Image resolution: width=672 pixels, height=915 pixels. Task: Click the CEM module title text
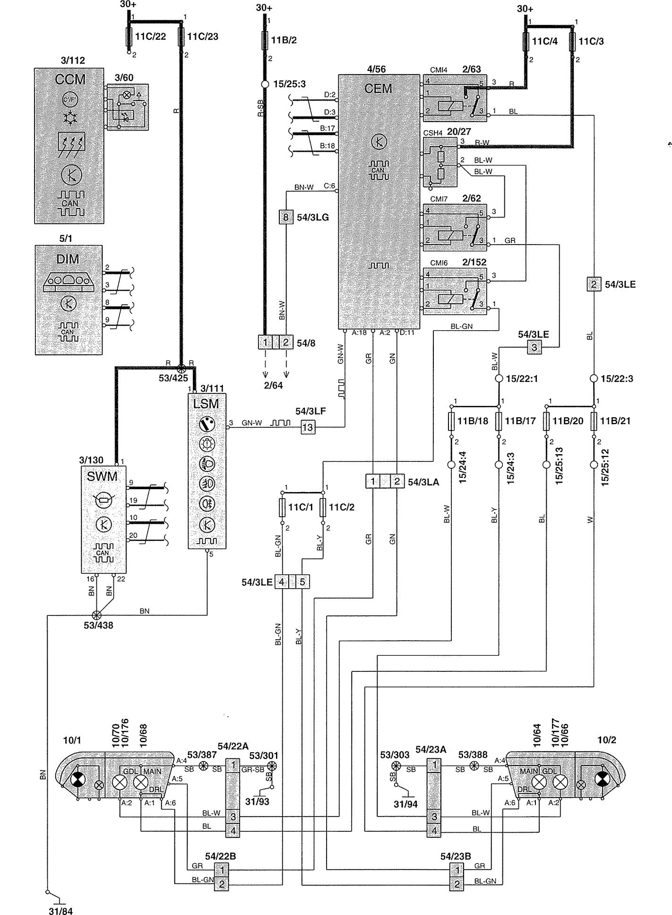click(x=379, y=88)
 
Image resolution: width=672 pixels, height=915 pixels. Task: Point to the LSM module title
click(x=207, y=404)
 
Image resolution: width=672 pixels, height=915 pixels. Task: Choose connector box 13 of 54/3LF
click(x=308, y=427)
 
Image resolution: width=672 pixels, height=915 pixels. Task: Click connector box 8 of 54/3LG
click(x=285, y=217)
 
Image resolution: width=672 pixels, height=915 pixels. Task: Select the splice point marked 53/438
click(x=97, y=615)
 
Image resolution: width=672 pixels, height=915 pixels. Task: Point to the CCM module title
click(x=70, y=79)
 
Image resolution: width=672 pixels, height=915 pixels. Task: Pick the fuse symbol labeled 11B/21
click(x=594, y=421)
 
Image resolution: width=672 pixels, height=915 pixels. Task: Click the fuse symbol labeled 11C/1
click(x=283, y=507)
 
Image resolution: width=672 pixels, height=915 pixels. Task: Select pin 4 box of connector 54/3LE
click(x=282, y=582)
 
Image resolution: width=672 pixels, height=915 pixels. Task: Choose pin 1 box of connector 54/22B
click(x=222, y=870)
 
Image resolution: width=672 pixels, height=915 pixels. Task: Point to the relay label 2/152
click(x=474, y=262)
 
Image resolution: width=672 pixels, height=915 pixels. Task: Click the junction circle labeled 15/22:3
click(x=594, y=378)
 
